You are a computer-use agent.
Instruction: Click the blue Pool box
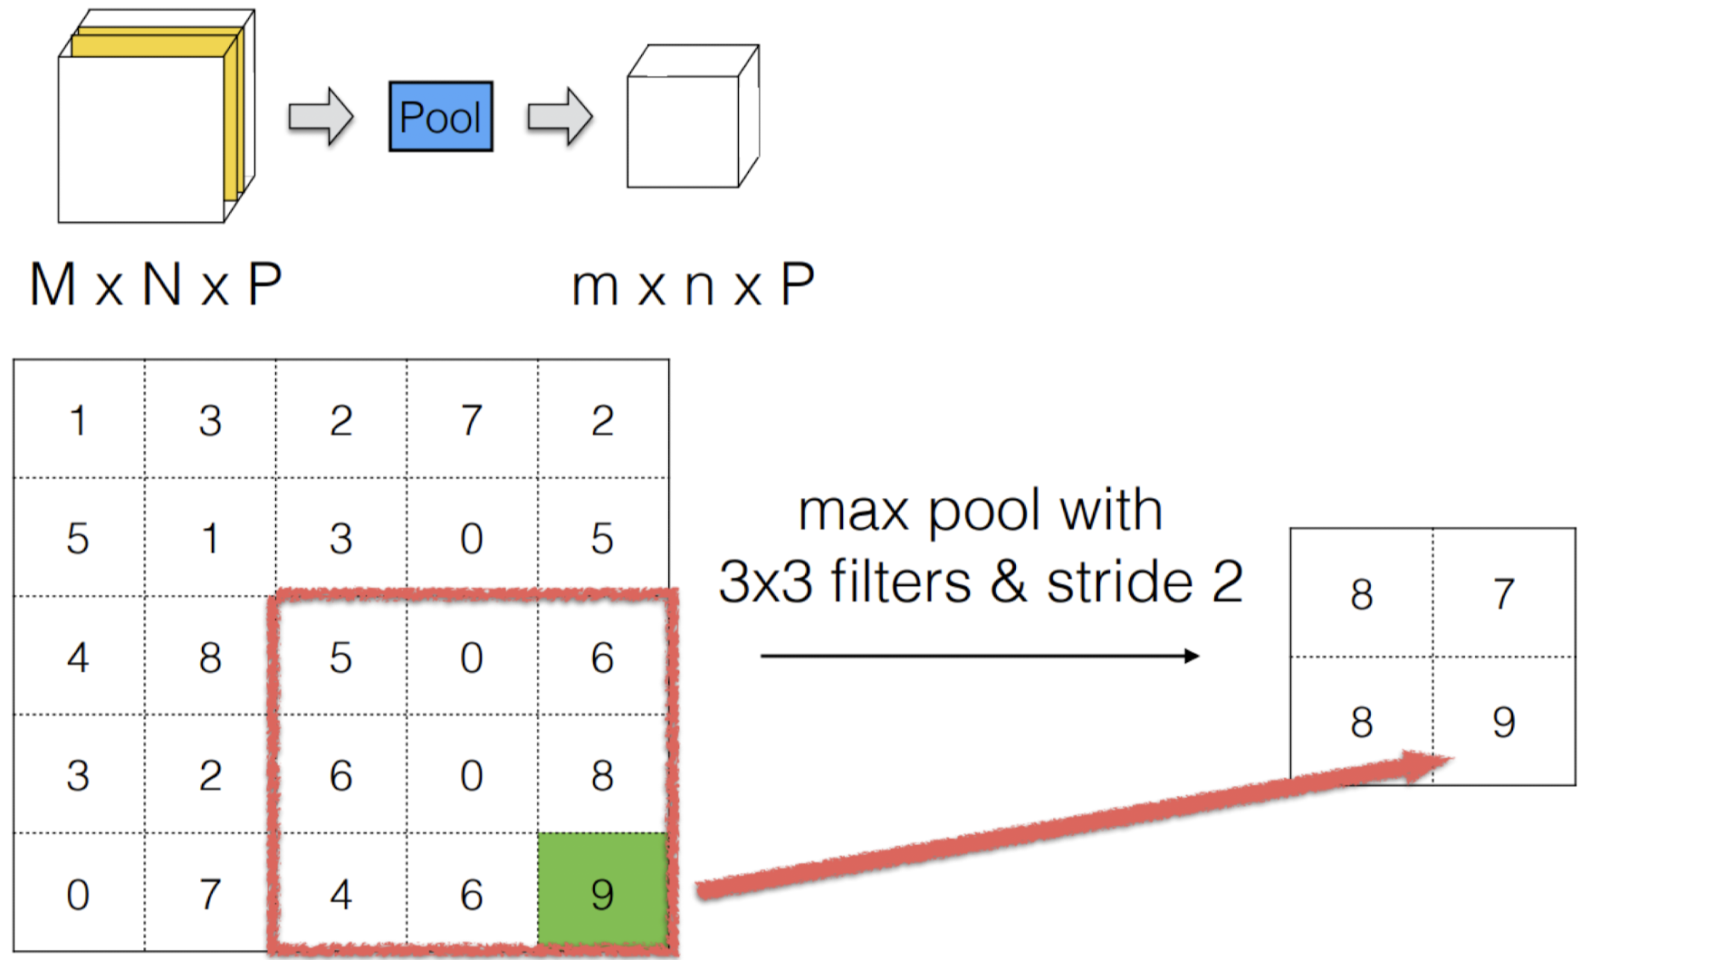(x=441, y=117)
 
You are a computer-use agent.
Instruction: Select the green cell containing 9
(x=602, y=892)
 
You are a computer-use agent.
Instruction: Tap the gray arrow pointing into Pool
(x=320, y=117)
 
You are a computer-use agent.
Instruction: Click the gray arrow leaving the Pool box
(x=560, y=117)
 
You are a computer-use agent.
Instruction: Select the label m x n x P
(x=693, y=286)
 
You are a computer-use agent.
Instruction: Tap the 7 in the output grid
(x=1504, y=594)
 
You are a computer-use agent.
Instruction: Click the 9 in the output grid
(x=1504, y=722)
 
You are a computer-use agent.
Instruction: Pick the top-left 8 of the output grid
(x=1361, y=594)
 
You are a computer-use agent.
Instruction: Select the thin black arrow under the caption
(x=979, y=656)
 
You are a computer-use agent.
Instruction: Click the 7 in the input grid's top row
(x=472, y=420)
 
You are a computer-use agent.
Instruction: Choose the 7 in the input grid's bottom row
(x=210, y=895)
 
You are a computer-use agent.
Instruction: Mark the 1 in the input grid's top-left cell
(x=79, y=420)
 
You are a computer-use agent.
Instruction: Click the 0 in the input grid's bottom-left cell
(x=78, y=895)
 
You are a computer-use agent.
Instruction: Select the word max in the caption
(x=853, y=512)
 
